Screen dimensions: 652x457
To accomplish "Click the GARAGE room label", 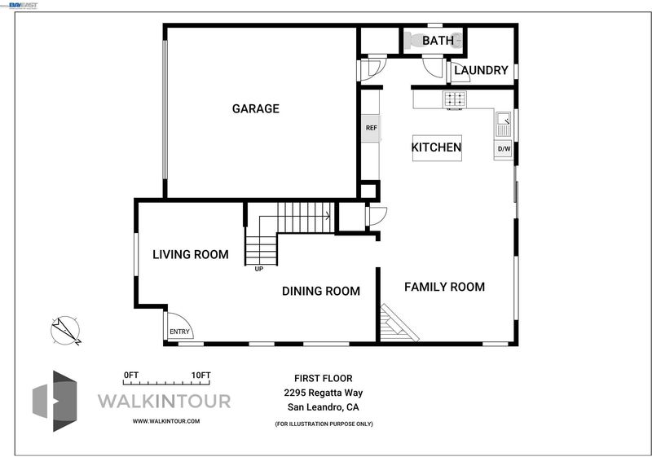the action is click(256, 109).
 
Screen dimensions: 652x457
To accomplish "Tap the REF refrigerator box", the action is click(371, 128).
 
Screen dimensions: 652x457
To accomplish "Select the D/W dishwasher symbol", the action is click(504, 149).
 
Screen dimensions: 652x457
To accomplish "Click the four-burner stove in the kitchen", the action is click(455, 99).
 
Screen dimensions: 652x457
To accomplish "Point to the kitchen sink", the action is click(504, 123).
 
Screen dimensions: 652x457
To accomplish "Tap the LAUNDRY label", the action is click(481, 70).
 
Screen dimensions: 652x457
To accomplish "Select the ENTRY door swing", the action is click(179, 325).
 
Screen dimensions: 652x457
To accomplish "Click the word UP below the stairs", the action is click(258, 269).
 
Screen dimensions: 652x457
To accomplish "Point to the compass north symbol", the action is click(65, 331).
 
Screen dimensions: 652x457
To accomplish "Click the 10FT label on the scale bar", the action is click(200, 376).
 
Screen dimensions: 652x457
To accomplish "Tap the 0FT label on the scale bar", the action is click(131, 376).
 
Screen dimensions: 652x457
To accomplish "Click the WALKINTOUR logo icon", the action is click(55, 401).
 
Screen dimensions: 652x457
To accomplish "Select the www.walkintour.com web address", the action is click(166, 421).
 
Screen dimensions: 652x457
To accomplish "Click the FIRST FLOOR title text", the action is click(323, 379).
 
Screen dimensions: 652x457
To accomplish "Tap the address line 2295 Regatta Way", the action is click(323, 393).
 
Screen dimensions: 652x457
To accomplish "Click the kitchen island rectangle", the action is click(437, 148).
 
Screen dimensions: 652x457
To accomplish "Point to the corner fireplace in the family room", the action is click(396, 324).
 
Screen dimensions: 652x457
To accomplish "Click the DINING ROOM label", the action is click(321, 292).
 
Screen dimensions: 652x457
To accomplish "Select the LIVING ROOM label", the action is click(191, 255).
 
